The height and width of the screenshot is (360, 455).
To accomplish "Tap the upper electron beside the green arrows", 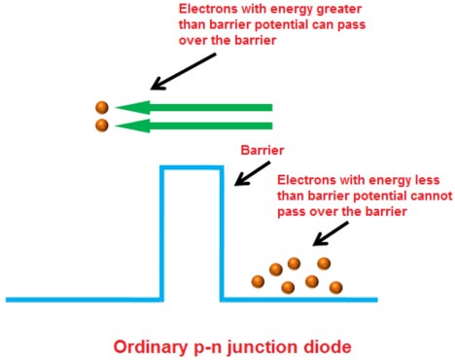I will (x=101, y=108).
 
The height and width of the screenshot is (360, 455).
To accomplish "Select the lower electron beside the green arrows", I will (x=101, y=126).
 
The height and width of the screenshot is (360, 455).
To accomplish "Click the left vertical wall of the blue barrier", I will (x=161, y=234).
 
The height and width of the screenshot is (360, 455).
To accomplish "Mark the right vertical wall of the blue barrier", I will (x=224, y=234).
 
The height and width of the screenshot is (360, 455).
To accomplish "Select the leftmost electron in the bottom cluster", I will (x=258, y=281).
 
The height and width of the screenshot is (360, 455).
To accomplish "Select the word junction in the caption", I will (x=262, y=345).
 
